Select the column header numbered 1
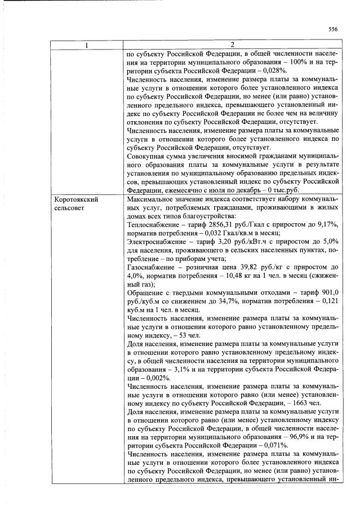coord(87,45)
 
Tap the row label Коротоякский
coord(76,199)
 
